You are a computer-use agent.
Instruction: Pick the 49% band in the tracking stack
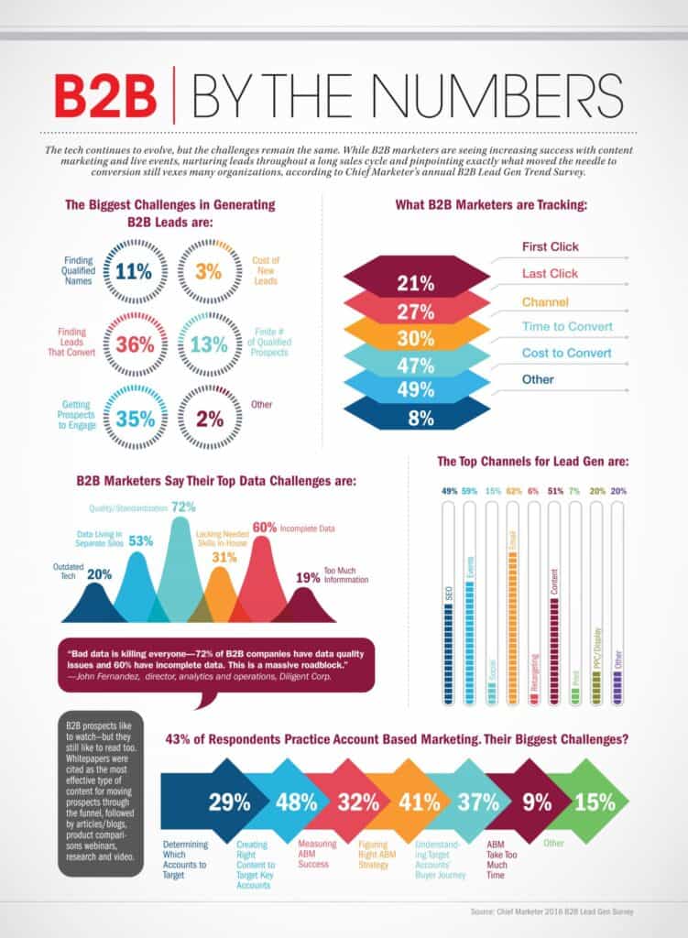click(416, 388)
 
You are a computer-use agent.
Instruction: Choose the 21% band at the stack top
click(416, 283)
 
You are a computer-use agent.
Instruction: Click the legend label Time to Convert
click(567, 326)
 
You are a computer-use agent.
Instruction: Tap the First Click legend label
click(550, 246)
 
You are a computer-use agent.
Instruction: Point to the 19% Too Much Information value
click(308, 577)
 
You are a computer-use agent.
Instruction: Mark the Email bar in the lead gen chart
click(512, 605)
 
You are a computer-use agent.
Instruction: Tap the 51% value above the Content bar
click(554, 491)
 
